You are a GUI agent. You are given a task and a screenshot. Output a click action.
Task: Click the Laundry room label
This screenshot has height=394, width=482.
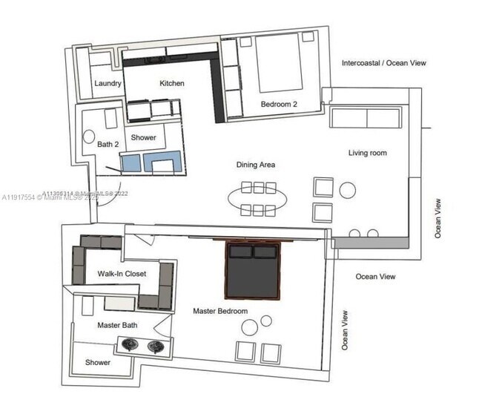[x=108, y=84]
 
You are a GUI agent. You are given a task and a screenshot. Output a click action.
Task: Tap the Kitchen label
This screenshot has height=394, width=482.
[x=172, y=84]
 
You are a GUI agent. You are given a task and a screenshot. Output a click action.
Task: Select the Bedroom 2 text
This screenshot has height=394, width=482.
[x=279, y=105]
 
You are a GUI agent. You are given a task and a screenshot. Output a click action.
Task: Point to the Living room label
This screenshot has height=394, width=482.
[x=368, y=154]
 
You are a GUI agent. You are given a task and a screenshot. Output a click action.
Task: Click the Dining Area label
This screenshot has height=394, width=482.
[x=256, y=165]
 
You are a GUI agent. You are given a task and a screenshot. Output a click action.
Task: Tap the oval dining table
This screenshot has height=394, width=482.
[x=257, y=198]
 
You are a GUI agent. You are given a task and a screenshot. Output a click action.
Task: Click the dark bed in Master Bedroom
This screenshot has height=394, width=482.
[x=253, y=271]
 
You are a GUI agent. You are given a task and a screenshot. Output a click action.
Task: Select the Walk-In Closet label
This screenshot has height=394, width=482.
[x=122, y=274]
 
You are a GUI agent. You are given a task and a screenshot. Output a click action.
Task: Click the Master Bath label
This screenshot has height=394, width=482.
[x=117, y=325]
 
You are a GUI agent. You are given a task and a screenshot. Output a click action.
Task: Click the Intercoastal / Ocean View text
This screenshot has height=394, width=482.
[x=383, y=64]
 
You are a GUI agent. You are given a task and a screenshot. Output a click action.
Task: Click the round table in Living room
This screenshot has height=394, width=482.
[x=348, y=190]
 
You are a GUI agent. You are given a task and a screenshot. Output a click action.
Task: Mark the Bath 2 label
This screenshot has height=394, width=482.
[x=108, y=144]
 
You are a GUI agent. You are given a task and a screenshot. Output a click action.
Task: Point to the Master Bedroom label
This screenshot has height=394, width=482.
[x=220, y=311]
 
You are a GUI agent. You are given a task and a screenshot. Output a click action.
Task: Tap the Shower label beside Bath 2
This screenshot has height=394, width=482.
[x=143, y=138]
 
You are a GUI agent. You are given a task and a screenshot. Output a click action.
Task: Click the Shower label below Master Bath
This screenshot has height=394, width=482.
[x=98, y=363]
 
